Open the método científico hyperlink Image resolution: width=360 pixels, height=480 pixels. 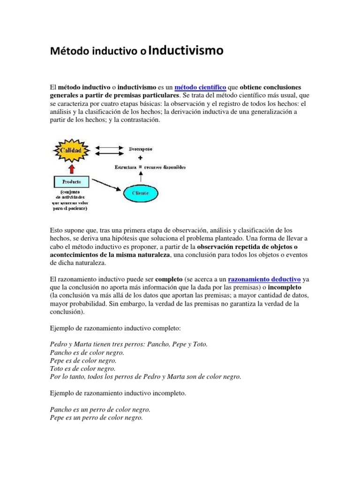click(200, 87)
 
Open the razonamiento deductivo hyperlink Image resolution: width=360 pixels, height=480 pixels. click(264, 279)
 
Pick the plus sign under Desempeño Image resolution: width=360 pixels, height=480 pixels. click(140, 158)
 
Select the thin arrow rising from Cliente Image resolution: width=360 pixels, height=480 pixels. click(140, 177)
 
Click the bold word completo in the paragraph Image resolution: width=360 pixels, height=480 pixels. click(169, 279)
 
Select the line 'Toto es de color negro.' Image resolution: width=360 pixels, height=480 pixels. click(82, 369)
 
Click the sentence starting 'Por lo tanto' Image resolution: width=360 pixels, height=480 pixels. click(145, 377)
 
